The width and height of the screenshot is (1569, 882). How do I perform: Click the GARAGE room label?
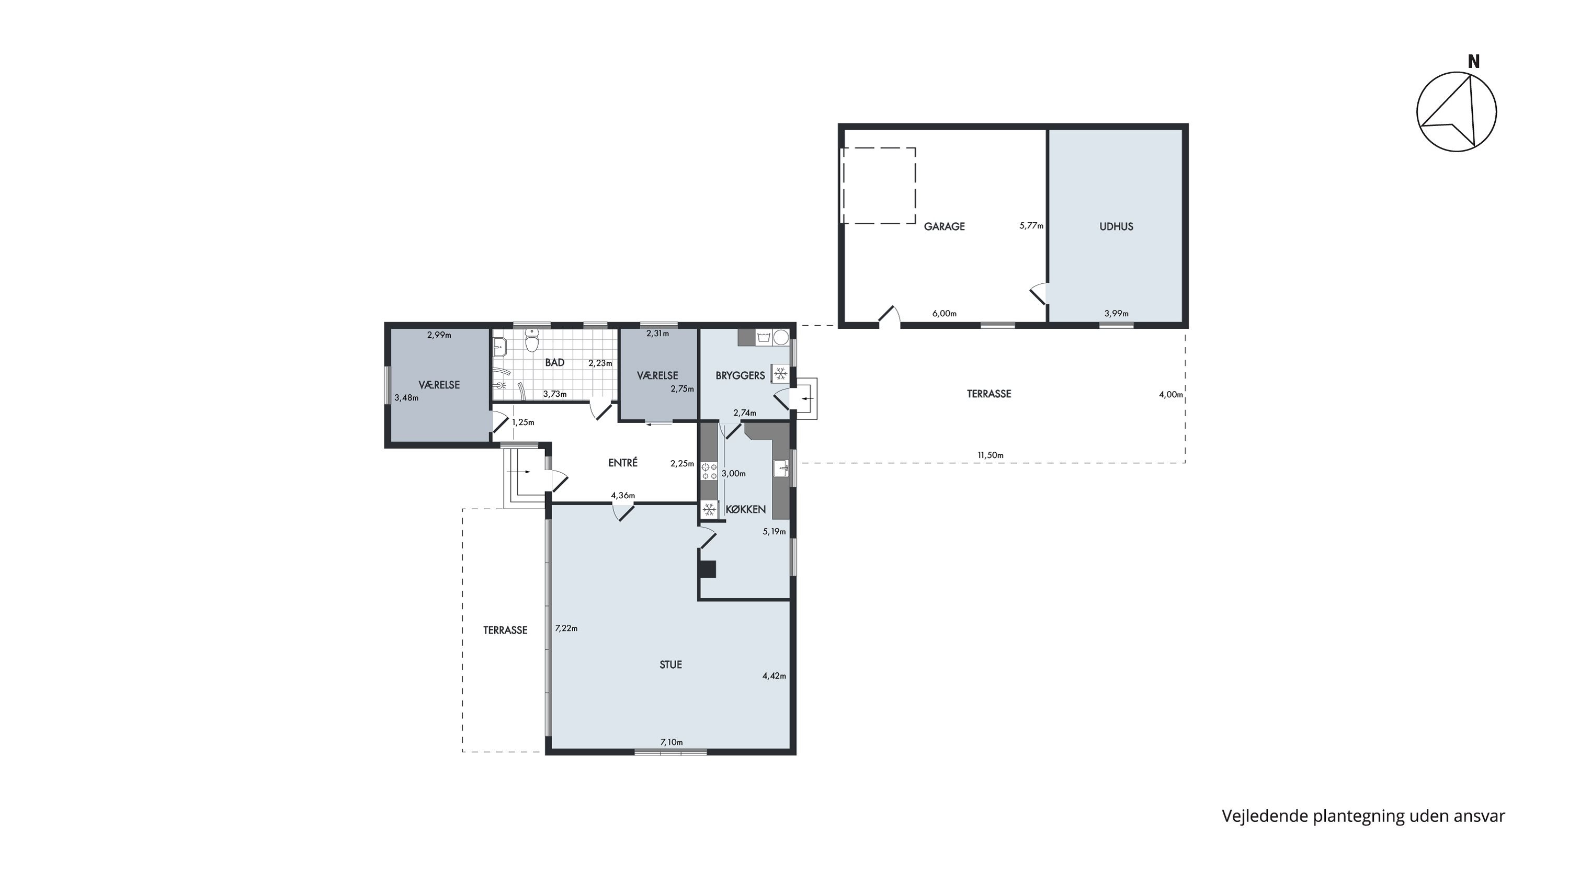click(x=944, y=226)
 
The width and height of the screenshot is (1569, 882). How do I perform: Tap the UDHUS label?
click(x=1116, y=226)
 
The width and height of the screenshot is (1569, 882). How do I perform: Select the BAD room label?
click(x=554, y=363)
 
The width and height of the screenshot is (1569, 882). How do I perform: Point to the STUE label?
click(x=670, y=665)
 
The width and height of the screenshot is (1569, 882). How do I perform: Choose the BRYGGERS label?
click(x=740, y=375)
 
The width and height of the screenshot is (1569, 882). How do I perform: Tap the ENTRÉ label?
click(x=622, y=463)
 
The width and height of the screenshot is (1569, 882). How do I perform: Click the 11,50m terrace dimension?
click(x=991, y=455)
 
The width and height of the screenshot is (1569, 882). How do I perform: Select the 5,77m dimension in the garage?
click(x=1031, y=226)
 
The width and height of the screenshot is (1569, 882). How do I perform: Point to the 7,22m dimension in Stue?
click(x=566, y=628)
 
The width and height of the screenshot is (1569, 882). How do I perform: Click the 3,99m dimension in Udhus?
click(x=1117, y=314)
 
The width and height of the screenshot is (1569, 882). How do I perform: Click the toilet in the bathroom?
click(x=532, y=341)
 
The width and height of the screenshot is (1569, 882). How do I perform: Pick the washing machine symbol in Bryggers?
click(x=764, y=337)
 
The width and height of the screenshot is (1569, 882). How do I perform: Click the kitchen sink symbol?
click(x=781, y=468)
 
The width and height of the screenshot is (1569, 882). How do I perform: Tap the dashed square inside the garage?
click(x=878, y=186)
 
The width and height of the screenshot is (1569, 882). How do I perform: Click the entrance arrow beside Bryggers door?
click(x=806, y=399)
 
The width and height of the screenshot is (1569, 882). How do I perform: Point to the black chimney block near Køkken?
click(x=707, y=568)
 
